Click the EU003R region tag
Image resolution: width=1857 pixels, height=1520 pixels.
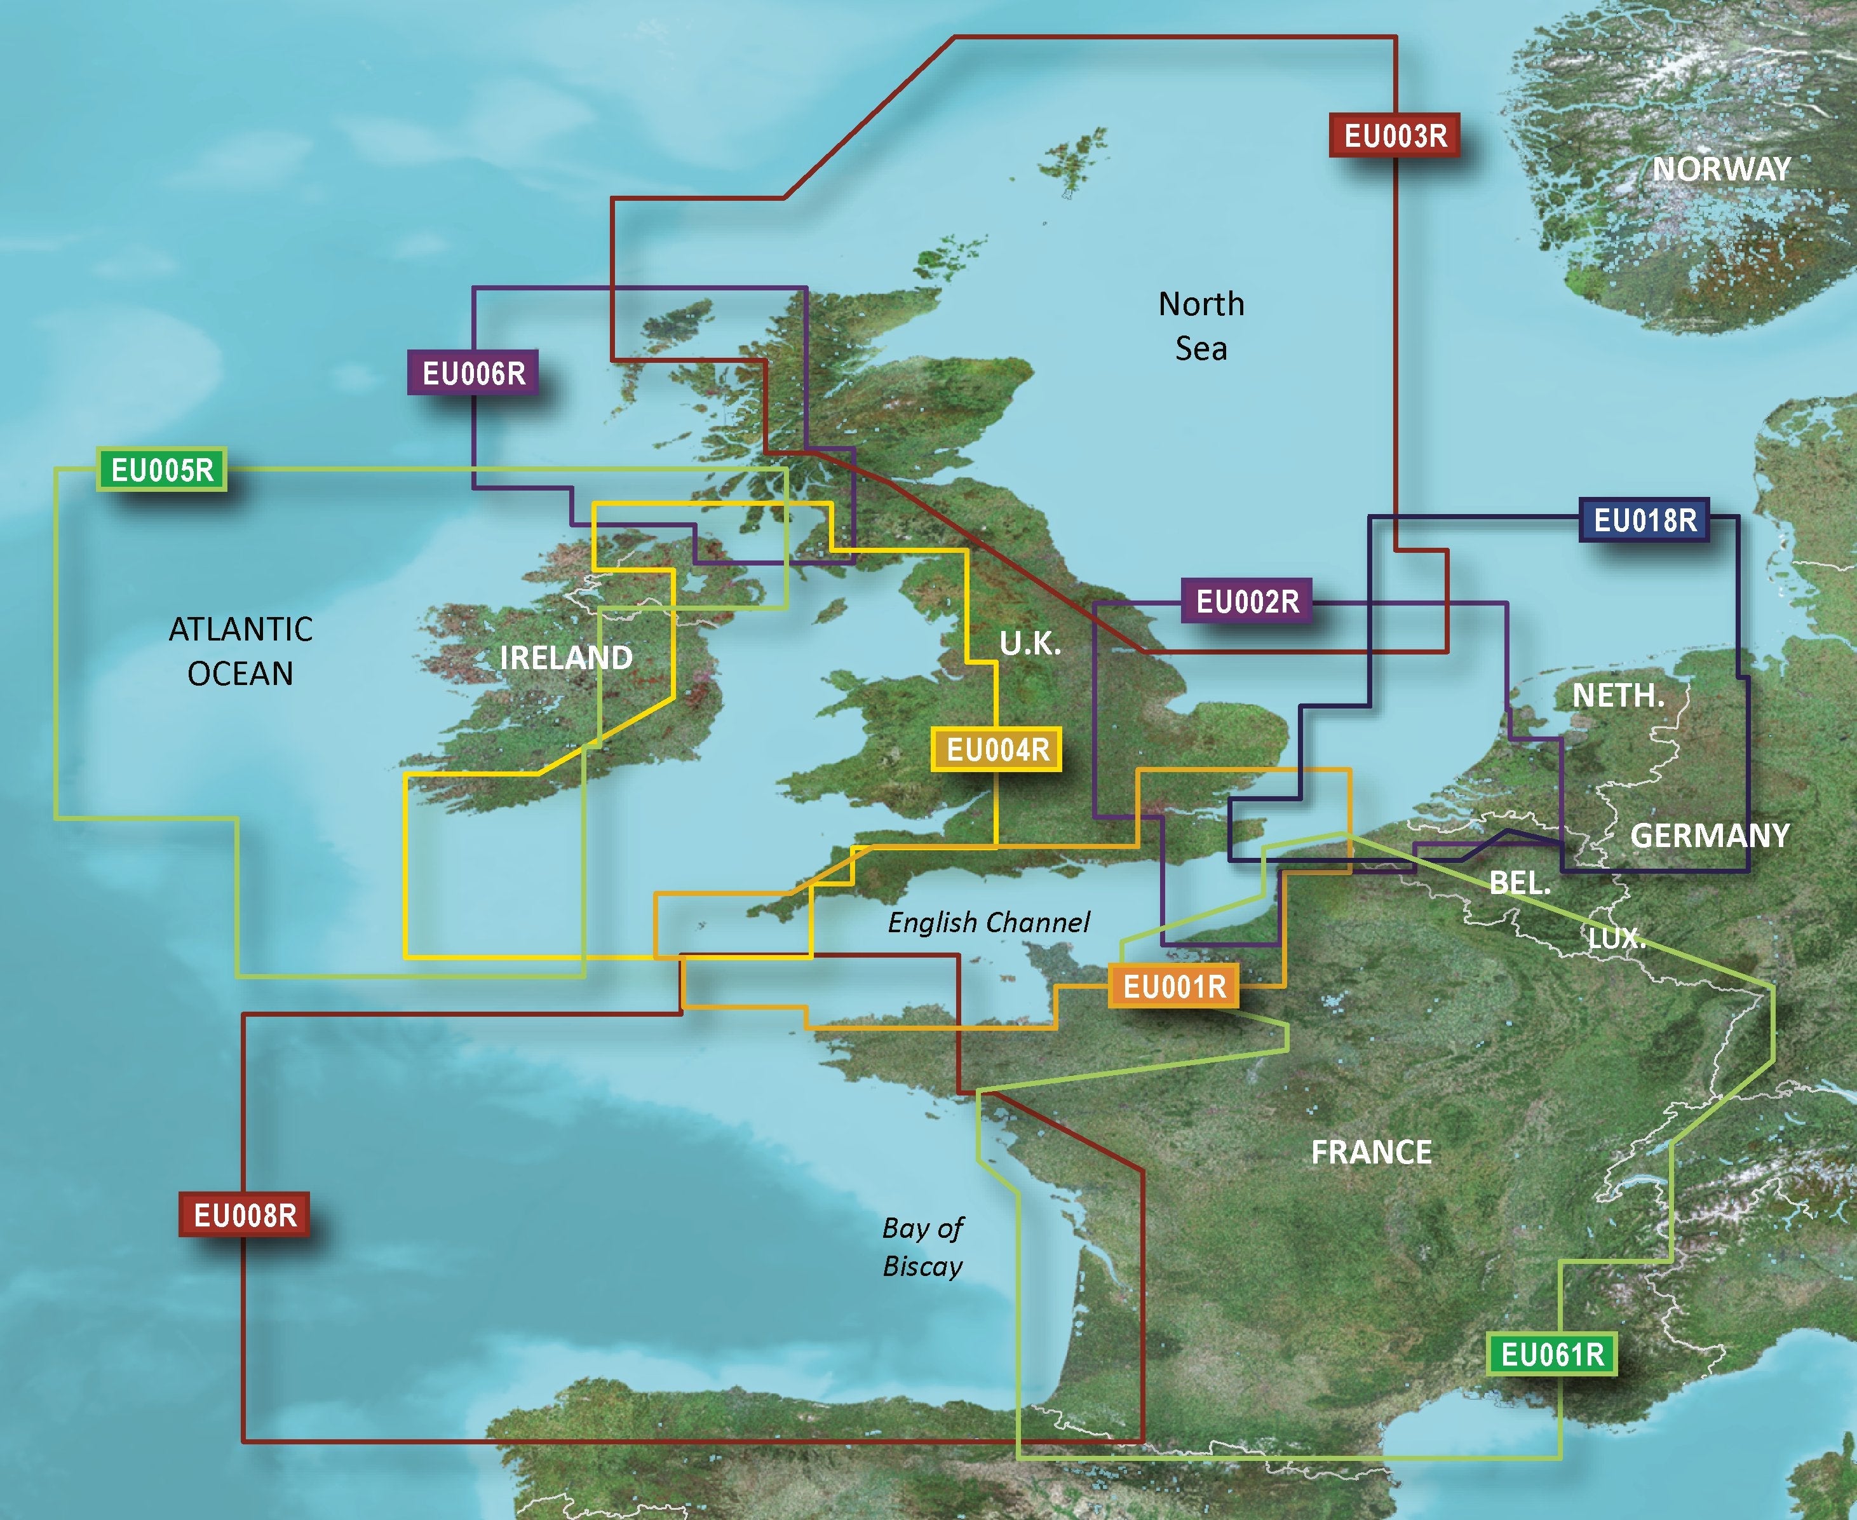coord(1394,136)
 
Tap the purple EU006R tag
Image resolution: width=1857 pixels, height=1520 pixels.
coord(473,373)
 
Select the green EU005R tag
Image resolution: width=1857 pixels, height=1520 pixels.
coord(162,470)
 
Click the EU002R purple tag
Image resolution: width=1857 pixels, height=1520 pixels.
coord(1246,602)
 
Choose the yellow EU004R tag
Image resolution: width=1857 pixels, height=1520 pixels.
coord(997,749)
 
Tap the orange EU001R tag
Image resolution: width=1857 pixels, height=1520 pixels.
coord(1174,987)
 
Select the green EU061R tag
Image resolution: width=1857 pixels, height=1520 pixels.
coord(1552,1355)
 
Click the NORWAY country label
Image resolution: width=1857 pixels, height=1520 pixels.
coord(1721,169)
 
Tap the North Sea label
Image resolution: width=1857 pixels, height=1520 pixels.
coord(1201,327)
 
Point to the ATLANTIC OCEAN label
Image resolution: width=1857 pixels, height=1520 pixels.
coord(241,651)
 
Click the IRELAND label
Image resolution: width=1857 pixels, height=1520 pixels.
coord(565,658)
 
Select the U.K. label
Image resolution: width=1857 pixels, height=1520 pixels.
coord(1030,644)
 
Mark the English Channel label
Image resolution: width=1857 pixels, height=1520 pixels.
coord(989,923)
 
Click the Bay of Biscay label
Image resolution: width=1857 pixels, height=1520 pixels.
coord(923,1247)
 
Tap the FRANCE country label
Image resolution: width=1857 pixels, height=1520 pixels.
coord(1371,1152)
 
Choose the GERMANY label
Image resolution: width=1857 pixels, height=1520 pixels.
coord(1709,835)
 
